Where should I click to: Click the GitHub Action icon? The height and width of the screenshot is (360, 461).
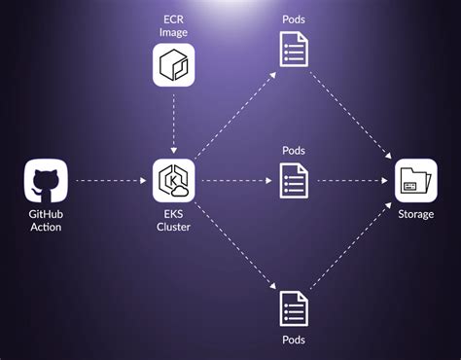(47, 181)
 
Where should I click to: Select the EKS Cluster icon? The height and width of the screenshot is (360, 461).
(175, 181)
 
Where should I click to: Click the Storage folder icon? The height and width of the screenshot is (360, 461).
(416, 181)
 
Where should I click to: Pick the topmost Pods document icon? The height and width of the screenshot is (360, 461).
(294, 47)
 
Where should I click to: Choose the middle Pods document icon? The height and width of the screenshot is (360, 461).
(294, 181)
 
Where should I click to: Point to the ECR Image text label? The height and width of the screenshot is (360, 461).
(175, 25)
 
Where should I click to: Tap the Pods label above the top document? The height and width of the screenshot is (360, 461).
(294, 17)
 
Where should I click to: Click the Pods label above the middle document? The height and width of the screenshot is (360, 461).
(294, 150)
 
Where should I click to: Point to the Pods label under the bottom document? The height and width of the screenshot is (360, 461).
(294, 340)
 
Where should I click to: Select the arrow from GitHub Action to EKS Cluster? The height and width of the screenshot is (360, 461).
(110, 181)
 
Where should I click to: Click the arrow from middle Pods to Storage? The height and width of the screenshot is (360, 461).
(353, 181)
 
